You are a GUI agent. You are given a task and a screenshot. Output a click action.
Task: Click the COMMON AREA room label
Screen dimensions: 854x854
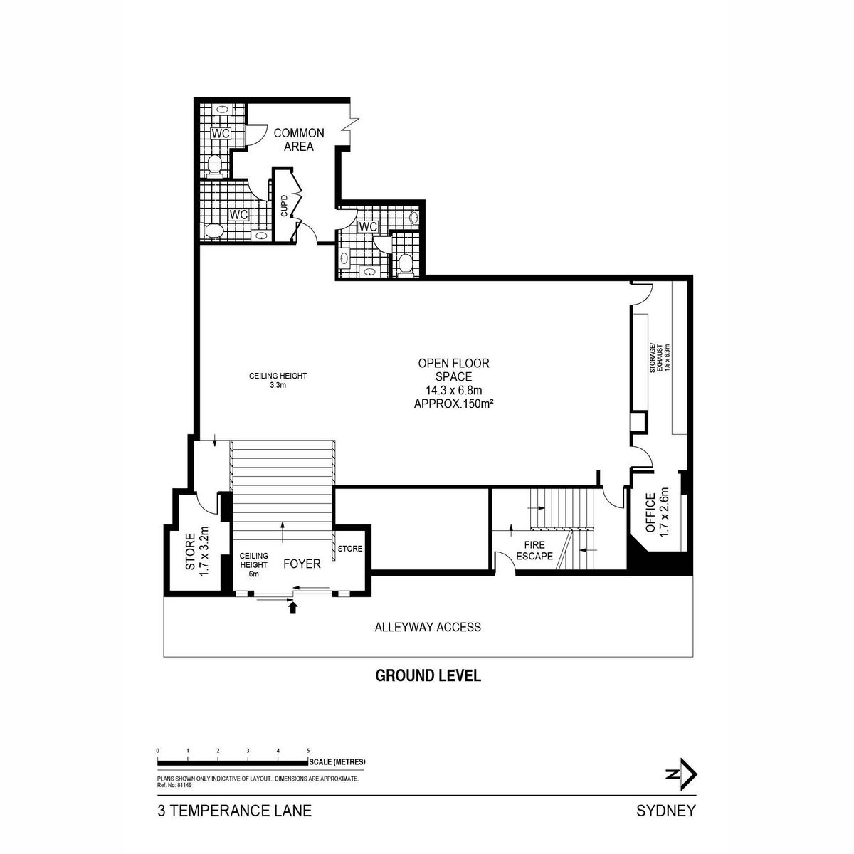coord(299,139)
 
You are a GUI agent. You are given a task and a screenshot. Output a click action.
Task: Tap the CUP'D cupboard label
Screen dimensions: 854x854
coord(284,206)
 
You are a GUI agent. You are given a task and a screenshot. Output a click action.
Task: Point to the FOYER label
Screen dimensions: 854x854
coord(302,564)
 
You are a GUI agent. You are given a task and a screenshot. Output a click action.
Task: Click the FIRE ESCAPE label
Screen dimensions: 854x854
coord(534,550)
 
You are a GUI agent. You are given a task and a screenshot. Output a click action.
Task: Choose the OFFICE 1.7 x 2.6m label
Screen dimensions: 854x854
coord(657,512)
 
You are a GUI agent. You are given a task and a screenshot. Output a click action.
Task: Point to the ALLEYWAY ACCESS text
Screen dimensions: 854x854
coord(428,627)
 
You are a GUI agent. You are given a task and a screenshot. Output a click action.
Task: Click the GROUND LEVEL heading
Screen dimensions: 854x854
coord(428,676)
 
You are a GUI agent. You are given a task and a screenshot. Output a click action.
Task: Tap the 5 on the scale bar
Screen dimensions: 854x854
coord(308,752)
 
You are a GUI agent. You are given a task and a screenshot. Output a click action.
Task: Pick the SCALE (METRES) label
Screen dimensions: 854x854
coord(338,761)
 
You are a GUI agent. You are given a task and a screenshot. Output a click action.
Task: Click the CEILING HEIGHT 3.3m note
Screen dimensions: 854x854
coord(278,380)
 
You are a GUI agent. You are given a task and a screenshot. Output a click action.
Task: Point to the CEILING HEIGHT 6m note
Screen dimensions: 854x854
coord(253,564)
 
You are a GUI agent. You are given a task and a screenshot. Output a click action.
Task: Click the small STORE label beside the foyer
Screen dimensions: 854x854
coord(350,549)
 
